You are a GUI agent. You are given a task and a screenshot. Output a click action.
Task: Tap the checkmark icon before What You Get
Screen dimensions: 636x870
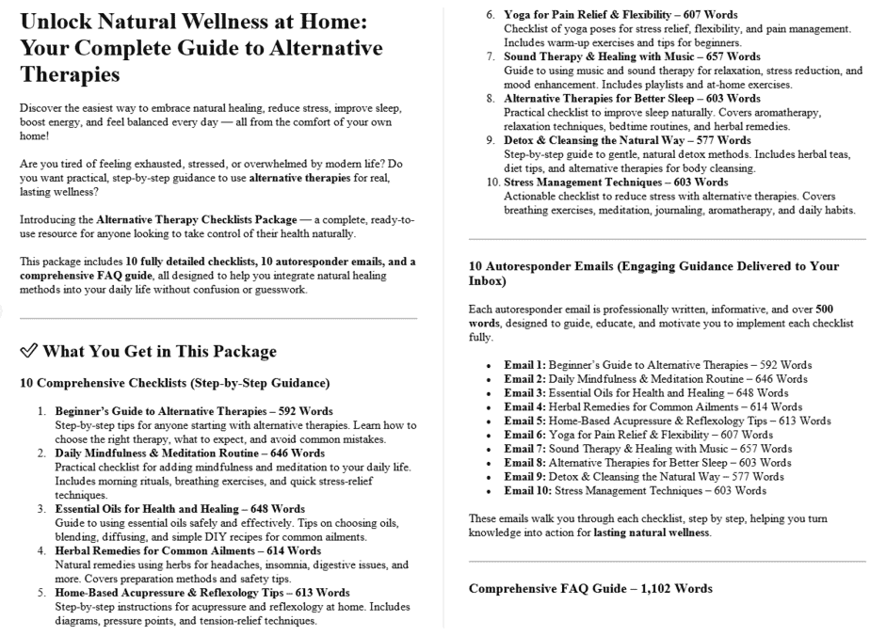pos(27,352)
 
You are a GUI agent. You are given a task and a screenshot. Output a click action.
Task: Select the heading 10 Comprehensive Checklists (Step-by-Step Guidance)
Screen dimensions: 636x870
pos(173,383)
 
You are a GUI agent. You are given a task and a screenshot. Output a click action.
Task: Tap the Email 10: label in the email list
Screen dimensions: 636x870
pos(530,490)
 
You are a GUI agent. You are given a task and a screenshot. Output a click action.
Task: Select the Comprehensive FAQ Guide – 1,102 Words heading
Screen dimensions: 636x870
pos(590,589)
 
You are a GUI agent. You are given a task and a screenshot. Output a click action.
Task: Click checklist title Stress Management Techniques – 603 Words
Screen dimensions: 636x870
pos(616,182)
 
